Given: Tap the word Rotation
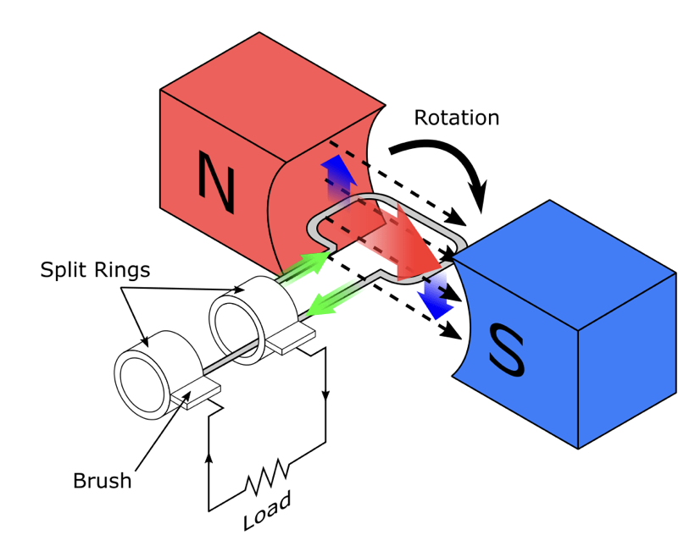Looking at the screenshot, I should pyautogui.click(x=456, y=117).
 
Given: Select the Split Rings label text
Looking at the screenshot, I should pyautogui.click(x=95, y=271).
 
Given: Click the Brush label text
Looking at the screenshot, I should pyautogui.click(x=102, y=481).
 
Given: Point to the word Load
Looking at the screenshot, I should pyautogui.click(x=266, y=511).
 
